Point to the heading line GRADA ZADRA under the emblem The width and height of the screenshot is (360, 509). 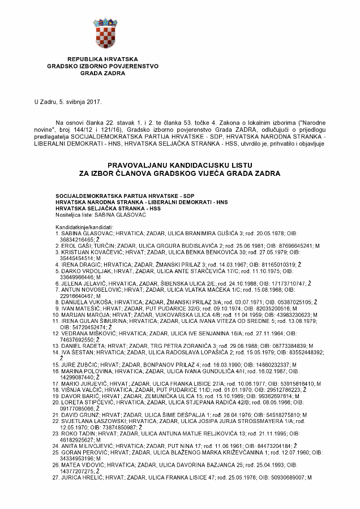(102, 72)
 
